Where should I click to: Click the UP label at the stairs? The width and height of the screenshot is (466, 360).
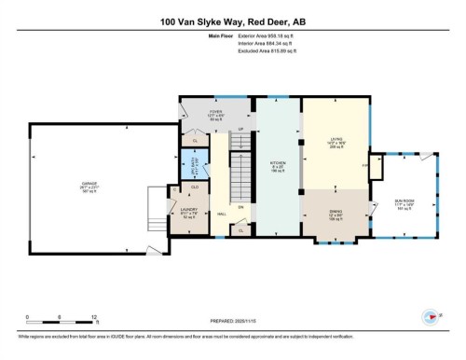(x=241, y=129)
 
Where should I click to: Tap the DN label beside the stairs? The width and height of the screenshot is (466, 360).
(x=240, y=208)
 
